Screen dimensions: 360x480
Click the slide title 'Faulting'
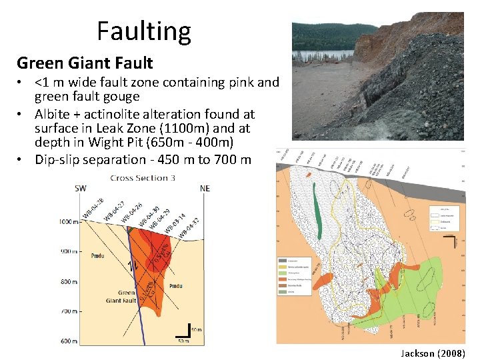coord(143,31)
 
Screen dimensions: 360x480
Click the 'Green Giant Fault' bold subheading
coord(85,63)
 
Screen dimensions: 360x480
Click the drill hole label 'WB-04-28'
coord(93,208)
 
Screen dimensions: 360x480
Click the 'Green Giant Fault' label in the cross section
coord(121,297)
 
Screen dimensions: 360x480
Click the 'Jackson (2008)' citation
coord(433,353)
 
